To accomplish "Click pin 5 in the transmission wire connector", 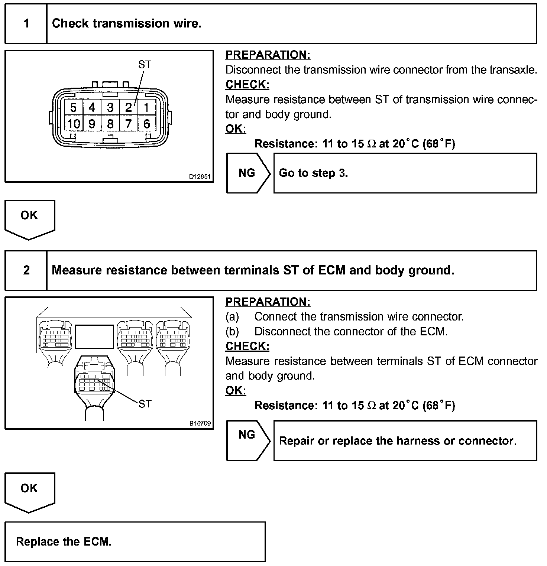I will click(73, 108).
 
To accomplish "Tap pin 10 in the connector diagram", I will click(73, 124).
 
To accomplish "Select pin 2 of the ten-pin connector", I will click(128, 108).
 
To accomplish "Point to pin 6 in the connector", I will click(146, 124).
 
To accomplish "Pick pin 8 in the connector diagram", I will click(110, 124).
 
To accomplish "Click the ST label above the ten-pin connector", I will click(145, 65).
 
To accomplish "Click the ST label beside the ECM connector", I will click(145, 404).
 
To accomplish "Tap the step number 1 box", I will click(26, 24).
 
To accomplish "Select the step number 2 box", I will click(26, 270).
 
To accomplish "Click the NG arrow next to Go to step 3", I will click(247, 173).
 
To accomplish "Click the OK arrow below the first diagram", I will click(29, 217).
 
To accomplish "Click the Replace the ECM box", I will click(135, 541).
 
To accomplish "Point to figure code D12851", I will click(200, 177).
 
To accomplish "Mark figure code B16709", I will click(200, 423).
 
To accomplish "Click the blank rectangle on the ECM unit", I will click(94, 336).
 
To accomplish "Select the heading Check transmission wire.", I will click(127, 24).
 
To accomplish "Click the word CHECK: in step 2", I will click(247, 346).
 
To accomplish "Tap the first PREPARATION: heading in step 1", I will click(268, 55).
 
